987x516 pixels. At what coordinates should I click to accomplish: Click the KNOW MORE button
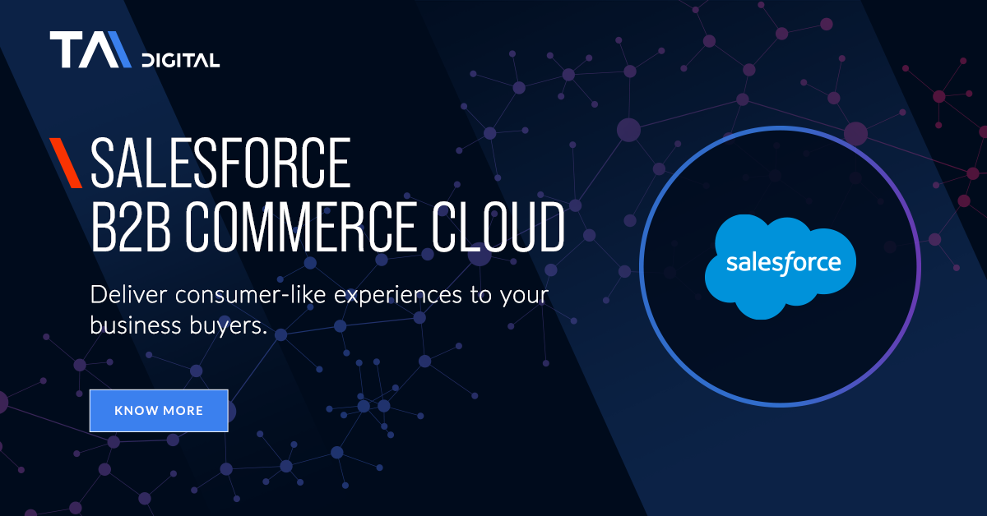pyautogui.click(x=159, y=410)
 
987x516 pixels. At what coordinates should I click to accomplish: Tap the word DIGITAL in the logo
pyautogui.click(x=181, y=60)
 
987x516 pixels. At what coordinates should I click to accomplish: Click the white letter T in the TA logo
pyautogui.click(x=66, y=49)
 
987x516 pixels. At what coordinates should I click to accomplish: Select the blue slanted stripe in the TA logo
pyautogui.click(x=120, y=49)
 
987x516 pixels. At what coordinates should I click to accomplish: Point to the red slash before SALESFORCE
pyautogui.click(x=66, y=163)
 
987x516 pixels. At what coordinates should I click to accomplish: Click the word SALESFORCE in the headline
pyautogui.click(x=220, y=163)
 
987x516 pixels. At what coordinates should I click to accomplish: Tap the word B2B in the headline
pyautogui.click(x=131, y=227)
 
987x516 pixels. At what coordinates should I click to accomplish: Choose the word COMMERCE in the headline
pyautogui.click(x=300, y=227)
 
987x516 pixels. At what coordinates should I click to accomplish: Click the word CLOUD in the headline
pyautogui.click(x=498, y=227)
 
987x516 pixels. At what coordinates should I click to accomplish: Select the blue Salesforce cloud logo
pyautogui.click(x=781, y=266)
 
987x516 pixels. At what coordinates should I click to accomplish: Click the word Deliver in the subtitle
pyautogui.click(x=128, y=294)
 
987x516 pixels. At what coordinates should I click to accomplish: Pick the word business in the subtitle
pyautogui.click(x=136, y=325)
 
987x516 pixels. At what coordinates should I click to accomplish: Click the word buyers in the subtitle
pyautogui.click(x=229, y=327)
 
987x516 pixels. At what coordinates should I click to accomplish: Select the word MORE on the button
pyautogui.click(x=183, y=411)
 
